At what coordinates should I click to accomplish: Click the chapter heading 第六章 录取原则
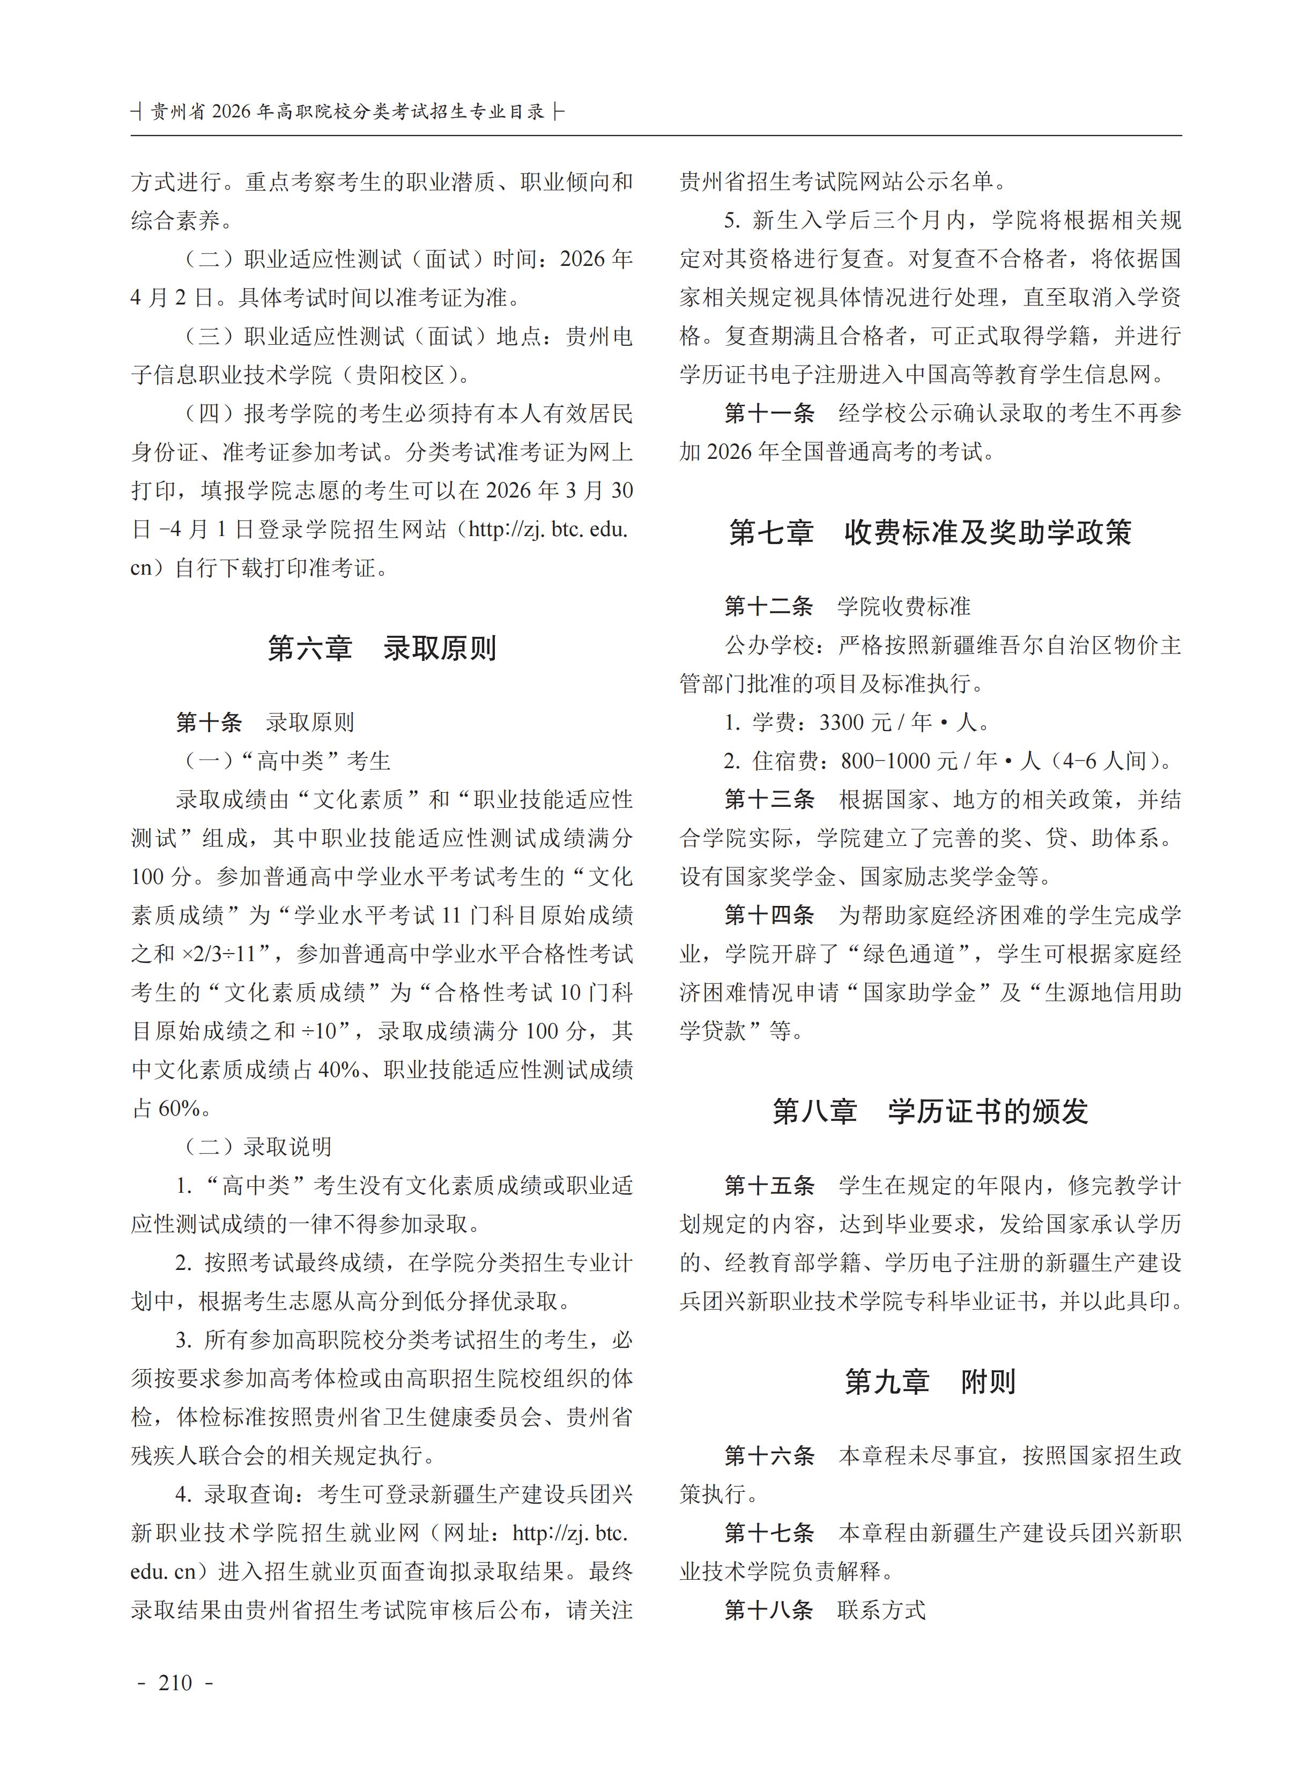(x=382, y=649)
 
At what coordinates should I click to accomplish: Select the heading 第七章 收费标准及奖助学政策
(x=930, y=532)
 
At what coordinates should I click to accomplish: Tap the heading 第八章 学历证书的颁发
(x=930, y=1111)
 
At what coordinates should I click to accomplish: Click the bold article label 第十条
(x=209, y=723)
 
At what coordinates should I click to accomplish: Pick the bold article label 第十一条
(x=769, y=413)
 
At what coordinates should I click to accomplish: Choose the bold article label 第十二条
(x=769, y=606)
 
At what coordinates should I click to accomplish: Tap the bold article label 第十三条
(x=769, y=799)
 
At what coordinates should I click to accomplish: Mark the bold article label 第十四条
(x=769, y=916)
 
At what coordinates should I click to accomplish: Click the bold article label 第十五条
(x=769, y=1186)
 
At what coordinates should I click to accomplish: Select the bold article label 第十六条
(x=769, y=1456)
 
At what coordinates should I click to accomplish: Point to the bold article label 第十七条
(x=769, y=1533)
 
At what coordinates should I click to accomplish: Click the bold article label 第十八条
(x=769, y=1610)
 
